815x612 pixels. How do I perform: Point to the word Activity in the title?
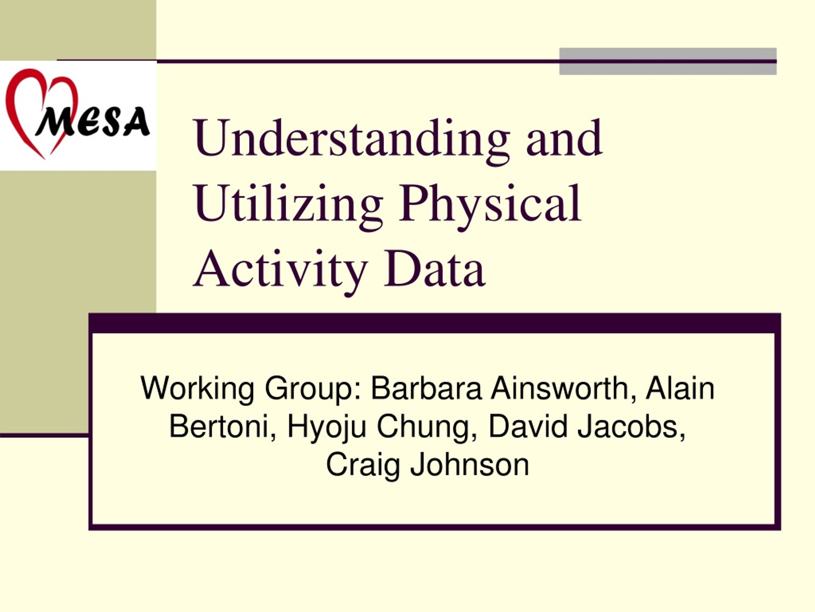click(280, 270)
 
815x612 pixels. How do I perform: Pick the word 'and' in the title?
click(564, 138)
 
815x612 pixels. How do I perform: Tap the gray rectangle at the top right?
click(668, 61)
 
